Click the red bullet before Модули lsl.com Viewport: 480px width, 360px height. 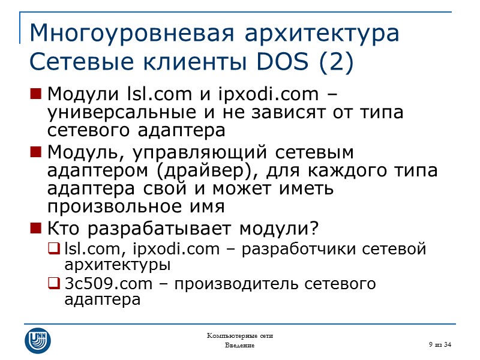[35, 95]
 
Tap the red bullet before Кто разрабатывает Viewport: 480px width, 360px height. [35, 229]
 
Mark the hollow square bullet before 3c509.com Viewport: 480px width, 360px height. [54, 284]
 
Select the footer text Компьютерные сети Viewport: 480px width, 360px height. [239, 335]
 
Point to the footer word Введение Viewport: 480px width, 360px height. [239, 346]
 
